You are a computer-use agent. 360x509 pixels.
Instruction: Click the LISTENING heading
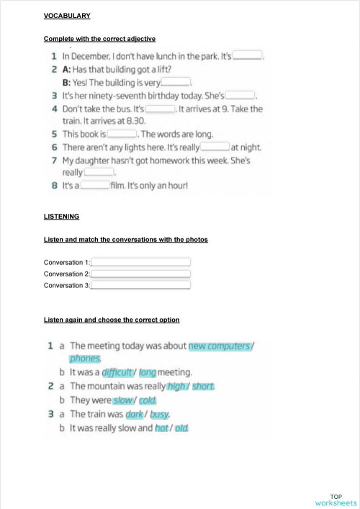[61, 216]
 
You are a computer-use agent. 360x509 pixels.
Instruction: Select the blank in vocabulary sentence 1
[248, 55]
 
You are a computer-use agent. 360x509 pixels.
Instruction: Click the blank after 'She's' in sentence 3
[241, 94]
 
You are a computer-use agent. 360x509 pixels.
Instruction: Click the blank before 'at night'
[215, 147]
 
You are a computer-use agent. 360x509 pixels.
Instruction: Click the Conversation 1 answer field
[140, 262]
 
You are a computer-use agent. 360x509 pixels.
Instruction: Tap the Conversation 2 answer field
[140, 274]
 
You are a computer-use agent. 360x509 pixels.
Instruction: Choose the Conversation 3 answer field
[140, 285]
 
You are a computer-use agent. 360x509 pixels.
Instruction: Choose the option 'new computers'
[220, 346]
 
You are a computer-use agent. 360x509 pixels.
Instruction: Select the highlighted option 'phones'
[86, 358]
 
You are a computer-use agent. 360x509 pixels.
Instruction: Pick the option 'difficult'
[117, 372]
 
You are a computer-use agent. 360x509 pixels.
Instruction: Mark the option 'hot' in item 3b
[161, 428]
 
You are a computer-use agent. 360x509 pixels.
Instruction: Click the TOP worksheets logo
[336, 499]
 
